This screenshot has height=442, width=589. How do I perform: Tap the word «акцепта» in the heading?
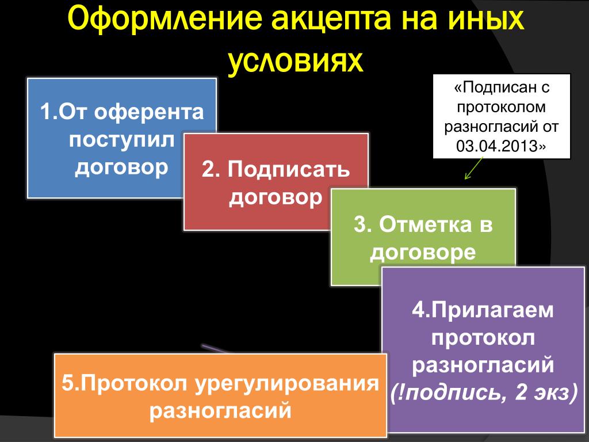pyautogui.click(x=331, y=19)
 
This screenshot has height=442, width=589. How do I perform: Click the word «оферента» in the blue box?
pyautogui.click(x=149, y=112)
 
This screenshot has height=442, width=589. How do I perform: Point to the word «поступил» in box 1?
pyautogui.click(x=122, y=140)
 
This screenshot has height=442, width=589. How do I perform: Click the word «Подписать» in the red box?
pyautogui.click(x=289, y=170)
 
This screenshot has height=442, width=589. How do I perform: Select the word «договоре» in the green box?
pyautogui.click(x=423, y=252)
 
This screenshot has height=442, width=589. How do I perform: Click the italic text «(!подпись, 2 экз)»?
pyautogui.click(x=483, y=393)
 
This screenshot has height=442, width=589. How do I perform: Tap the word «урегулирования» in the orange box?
pyautogui.click(x=287, y=384)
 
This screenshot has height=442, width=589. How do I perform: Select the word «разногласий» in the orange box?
pyautogui.click(x=220, y=410)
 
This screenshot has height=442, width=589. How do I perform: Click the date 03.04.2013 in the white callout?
pyautogui.click(x=497, y=146)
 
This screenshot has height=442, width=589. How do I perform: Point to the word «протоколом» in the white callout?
pyautogui.click(x=501, y=108)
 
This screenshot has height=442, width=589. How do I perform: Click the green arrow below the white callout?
pyautogui.click(x=474, y=168)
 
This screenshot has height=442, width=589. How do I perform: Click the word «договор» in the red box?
pyautogui.click(x=276, y=197)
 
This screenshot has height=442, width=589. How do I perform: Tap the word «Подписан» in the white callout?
pyautogui.click(x=495, y=88)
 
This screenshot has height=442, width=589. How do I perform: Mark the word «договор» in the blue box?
pyautogui.click(x=121, y=167)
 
